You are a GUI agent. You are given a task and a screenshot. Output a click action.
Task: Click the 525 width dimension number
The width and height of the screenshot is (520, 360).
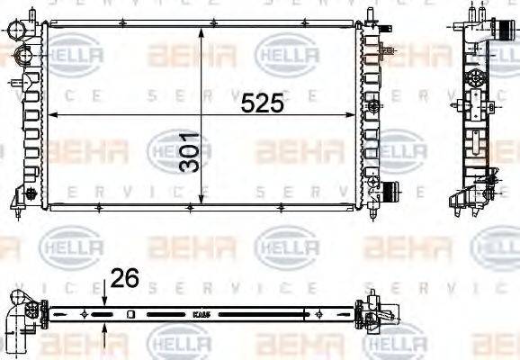pyautogui.click(x=262, y=103)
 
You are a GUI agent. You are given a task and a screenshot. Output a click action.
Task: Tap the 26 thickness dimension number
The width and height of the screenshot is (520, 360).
pyautogui.click(x=124, y=280)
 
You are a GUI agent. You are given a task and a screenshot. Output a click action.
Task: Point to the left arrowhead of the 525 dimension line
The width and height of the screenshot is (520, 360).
pyautogui.click(x=51, y=115)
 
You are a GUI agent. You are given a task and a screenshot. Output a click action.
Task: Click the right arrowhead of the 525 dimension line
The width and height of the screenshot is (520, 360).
pyautogui.click(x=354, y=115)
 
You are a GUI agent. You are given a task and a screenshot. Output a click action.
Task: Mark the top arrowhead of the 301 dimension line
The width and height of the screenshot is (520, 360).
pyautogui.click(x=200, y=30)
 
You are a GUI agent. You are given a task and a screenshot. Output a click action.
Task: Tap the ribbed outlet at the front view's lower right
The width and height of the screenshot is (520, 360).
pyautogui.click(x=390, y=192)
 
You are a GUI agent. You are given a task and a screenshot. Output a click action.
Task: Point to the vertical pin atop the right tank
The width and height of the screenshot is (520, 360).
pyautogui.click(x=371, y=15)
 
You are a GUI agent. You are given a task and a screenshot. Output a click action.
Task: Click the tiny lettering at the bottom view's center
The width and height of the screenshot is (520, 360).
pyautogui.click(x=202, y=315)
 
